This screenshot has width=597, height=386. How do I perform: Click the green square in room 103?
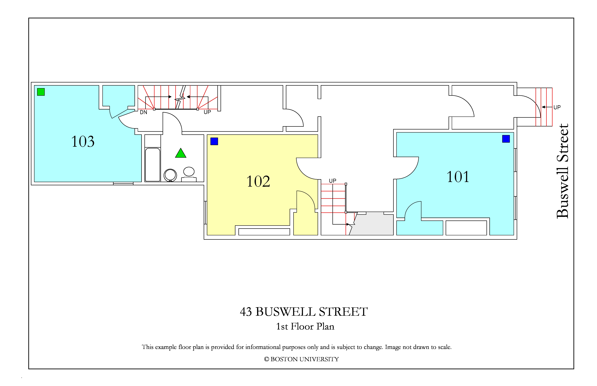pos(41,92)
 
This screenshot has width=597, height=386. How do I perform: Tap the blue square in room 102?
pos(214,141)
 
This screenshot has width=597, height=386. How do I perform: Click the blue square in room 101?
pos(506,139)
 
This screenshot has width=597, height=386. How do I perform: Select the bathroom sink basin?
pos(189,172)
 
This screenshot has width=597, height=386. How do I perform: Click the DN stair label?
pos(144,112)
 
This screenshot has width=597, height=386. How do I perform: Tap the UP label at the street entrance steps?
pos(557,107)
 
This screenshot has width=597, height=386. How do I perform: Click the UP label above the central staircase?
pos(333,181)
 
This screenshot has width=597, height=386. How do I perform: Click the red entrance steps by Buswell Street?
pos(544,107)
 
